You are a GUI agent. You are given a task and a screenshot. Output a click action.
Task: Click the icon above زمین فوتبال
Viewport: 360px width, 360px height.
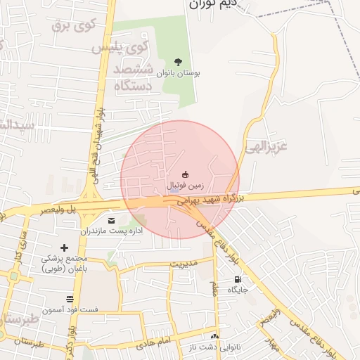point(185,174)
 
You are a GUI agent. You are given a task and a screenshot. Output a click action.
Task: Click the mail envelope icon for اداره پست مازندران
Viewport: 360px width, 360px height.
point(112,220)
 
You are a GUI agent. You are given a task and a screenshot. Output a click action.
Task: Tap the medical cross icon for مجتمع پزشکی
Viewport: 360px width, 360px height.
point(65,247)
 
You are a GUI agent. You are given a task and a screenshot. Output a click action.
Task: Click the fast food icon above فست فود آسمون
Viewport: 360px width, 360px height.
point(69,299)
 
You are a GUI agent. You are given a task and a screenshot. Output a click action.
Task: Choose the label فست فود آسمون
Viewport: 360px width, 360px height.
point(70,310)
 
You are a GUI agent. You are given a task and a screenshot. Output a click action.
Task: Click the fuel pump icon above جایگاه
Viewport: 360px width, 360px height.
point(237,279)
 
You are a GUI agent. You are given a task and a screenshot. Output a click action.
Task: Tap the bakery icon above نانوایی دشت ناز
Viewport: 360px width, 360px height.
point(214,337)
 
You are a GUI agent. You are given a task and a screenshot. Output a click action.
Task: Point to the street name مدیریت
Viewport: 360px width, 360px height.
point(184,264)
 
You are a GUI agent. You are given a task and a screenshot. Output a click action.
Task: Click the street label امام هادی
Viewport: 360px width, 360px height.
point(155,342)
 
